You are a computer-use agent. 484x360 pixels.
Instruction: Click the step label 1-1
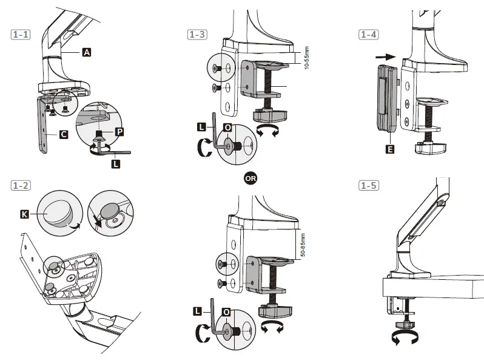coord(21,35)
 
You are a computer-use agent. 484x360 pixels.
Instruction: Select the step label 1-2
coord(21,184)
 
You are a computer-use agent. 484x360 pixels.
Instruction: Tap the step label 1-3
coord(196,35)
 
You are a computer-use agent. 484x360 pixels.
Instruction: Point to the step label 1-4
coord(368,35)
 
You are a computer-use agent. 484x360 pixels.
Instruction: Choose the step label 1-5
coord(368,184)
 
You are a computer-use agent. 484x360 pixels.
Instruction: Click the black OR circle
coord(249,178)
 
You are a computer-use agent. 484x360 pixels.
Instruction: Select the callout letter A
coord(87,53)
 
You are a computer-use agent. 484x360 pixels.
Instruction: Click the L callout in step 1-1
coord(116,164)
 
